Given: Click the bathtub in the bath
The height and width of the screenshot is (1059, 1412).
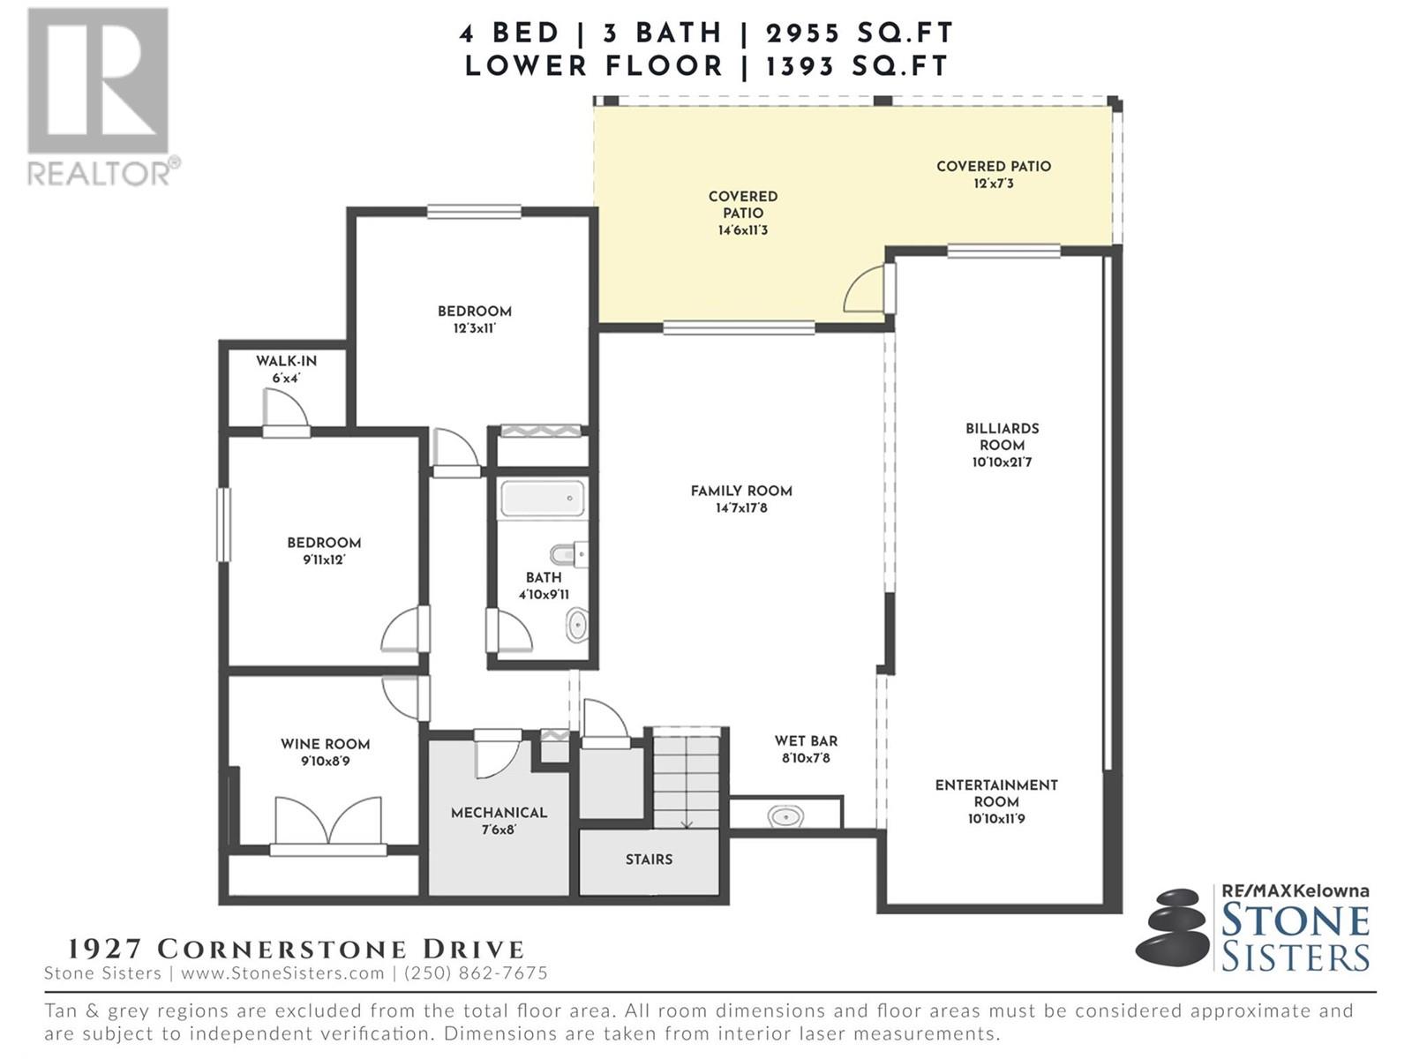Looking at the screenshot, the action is [x=542, y=499].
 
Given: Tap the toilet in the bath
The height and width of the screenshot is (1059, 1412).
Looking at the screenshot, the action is [x=568, y=553].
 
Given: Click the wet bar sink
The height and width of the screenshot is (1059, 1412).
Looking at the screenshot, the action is [x=785, y=816].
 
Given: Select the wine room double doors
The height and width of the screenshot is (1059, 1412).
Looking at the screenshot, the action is [x=328, y=825].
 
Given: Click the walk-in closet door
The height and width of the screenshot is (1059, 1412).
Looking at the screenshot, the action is [x=286, y=416].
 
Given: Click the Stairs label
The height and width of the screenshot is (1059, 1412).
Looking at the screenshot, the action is [x=649, y=860].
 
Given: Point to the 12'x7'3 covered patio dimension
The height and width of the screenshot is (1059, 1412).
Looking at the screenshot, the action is [x=993, y=184].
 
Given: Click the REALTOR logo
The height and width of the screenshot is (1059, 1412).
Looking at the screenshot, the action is [x=101, y=96].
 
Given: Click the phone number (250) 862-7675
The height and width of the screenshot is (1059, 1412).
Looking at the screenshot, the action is [x=476, y=973].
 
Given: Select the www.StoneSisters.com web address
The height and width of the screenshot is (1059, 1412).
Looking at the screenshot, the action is [x=282, y=973].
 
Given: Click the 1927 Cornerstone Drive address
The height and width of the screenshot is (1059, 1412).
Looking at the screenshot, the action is [x=296, y=949].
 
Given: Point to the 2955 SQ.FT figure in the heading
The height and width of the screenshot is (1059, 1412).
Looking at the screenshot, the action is [x=859, y=33].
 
